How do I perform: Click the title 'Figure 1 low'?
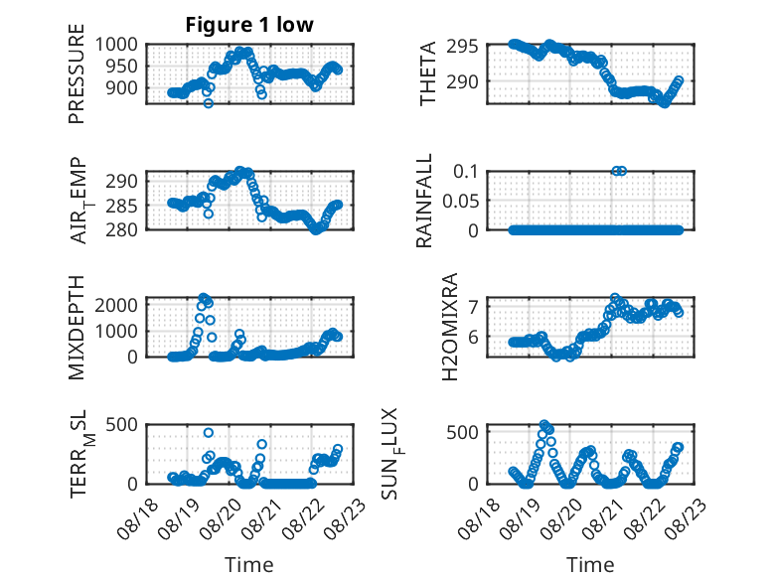pos(249,25)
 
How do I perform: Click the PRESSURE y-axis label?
pos(77,73)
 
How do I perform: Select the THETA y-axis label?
pos(428,73)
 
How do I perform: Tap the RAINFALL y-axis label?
pos(424,201)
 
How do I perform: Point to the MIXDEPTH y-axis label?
pos(77,327)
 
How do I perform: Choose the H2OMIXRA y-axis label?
pos(450,327)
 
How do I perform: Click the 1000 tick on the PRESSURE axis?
pos(116,45)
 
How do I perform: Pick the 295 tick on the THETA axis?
pos(462,47)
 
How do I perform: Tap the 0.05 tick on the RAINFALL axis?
pos(460,201)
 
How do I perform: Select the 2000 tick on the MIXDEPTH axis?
pos(116,305)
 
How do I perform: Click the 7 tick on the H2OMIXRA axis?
pos(473,307)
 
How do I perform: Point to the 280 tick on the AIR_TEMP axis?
pos(121,229)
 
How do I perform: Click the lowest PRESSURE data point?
pos(209,103)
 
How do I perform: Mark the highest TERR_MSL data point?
pos(209,433)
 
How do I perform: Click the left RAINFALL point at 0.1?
pos(616,171)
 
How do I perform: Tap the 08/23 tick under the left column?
pos(345,518)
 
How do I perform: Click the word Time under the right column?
pos(590,565)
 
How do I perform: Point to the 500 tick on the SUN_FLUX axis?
pos(462,433)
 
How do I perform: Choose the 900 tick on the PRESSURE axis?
pos(121,88)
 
